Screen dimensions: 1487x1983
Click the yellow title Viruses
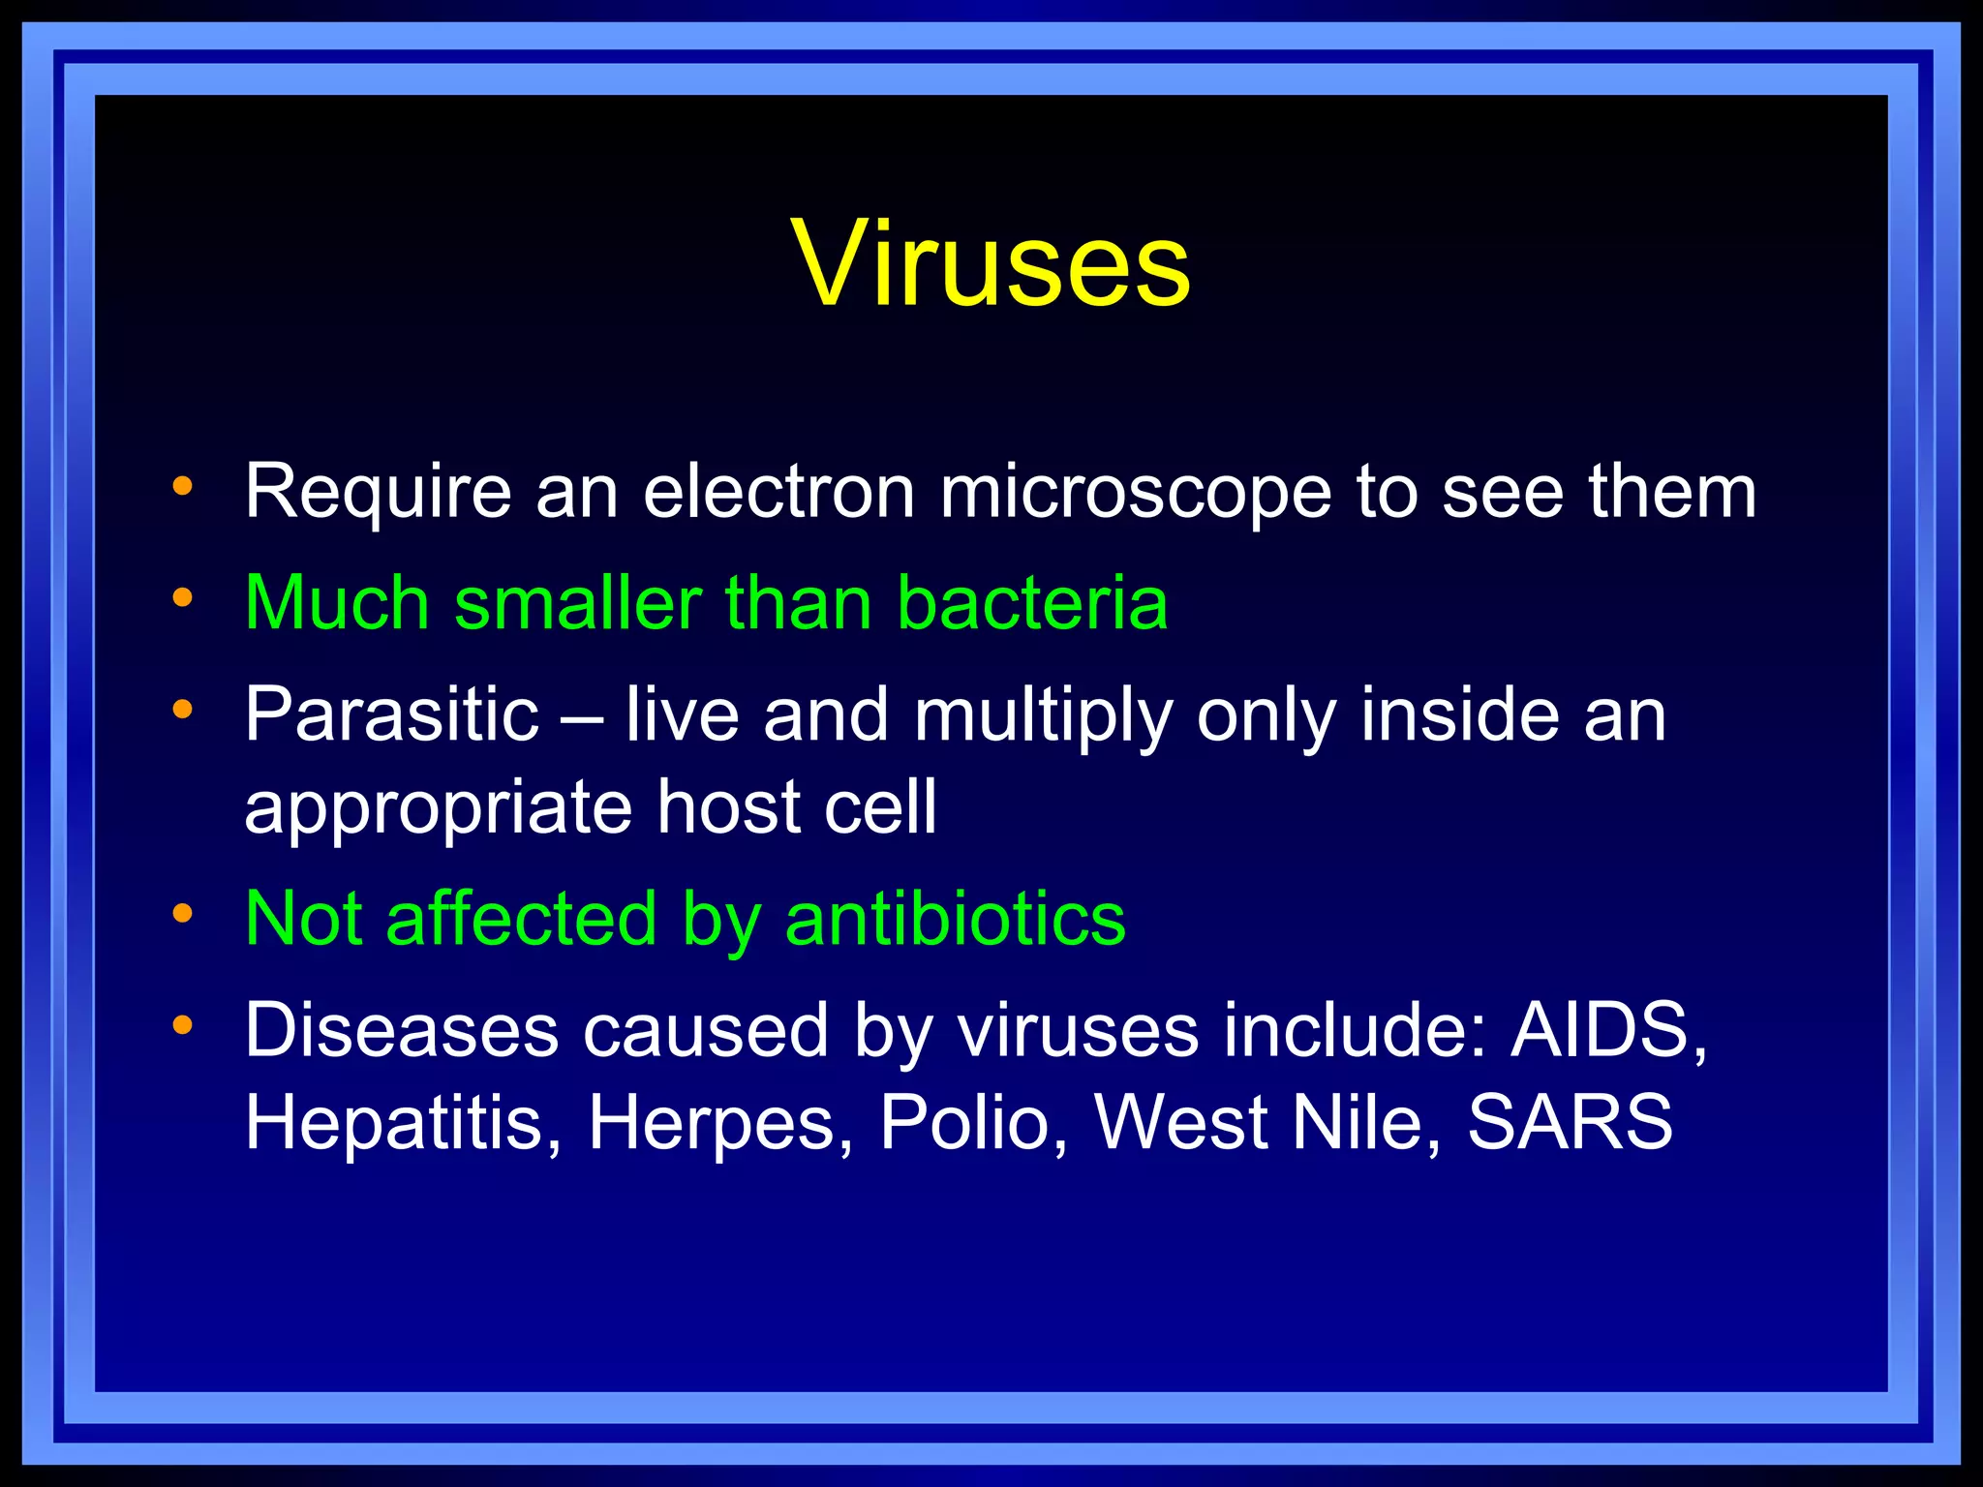[x=991, y=263]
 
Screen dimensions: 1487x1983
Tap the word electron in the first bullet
[x=778, y=492]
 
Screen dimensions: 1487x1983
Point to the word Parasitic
[x=391, y=715]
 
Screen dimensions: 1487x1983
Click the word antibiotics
[x=955, y=919]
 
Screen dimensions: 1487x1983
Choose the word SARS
[x=1570, y=1123]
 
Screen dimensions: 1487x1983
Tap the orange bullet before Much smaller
[x=182, y=597]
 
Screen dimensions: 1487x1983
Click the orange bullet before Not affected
[x=182, y=913]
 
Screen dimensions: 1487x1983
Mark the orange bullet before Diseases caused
[x=182, y=1024]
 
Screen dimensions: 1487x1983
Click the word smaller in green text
[x=577, y=603]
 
